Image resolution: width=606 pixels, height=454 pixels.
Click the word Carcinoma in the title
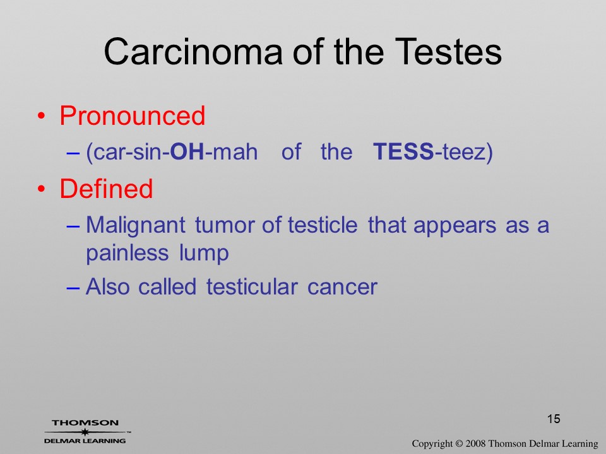click(x=193, y=52)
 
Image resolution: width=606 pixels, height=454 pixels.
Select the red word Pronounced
click(x=132, y=115)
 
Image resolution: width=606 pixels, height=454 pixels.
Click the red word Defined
click(x=106, y=189)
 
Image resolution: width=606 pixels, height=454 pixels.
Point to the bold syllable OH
click(x=187, y=151)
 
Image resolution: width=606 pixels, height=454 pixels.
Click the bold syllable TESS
click(x=403, y=151)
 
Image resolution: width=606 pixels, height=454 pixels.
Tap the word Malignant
click(x=136, y=226)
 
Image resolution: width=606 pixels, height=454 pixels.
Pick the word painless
click(x=127, y=254)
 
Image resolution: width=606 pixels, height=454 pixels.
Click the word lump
click(x=204, y=254)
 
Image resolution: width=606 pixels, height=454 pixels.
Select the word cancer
click(x=342, y=288)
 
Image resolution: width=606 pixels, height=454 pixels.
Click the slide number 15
click(x=554, y=419)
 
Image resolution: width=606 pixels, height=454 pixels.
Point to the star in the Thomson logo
click(x=85, y=431)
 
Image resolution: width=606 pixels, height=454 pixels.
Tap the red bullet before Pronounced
click(x=42, y=116)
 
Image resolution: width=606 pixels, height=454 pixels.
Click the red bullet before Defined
click(x=42, y=189)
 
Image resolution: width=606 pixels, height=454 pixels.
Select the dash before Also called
click(x=73, y=288)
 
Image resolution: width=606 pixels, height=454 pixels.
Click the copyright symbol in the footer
click(x=459, y=443)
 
